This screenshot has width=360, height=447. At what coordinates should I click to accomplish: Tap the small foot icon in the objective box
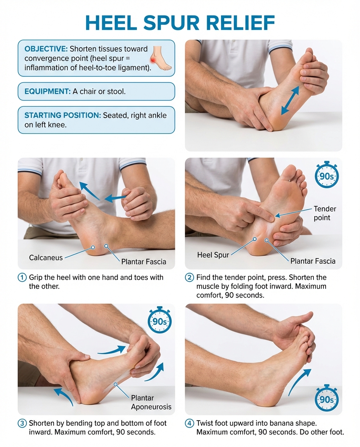[x=160, y=58]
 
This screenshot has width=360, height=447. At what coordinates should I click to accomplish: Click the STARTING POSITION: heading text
[x=62, y=116]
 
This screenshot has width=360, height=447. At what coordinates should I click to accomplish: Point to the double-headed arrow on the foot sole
[x=290, y=100]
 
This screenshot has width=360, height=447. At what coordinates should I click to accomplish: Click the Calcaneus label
[x=46, y=258]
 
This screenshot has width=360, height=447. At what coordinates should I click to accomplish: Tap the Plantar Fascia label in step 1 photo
[x=144, y=262]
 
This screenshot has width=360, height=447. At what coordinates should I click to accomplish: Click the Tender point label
[x=325, y=213]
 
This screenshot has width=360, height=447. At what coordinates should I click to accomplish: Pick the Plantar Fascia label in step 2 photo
[x=313, y=261]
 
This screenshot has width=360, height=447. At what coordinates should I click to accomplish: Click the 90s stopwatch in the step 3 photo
[x=159, y=321]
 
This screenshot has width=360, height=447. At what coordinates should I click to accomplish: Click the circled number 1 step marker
[x=22, y=277]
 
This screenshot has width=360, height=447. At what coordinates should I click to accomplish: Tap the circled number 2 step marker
[x=190, y=277]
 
